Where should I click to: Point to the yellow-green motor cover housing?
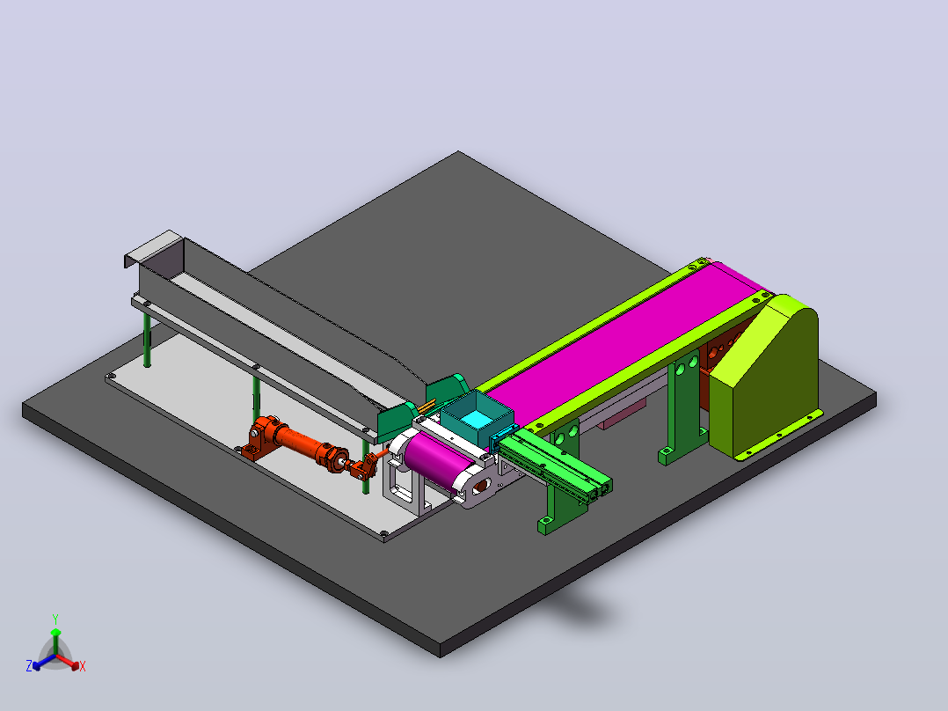[x=765, y=375]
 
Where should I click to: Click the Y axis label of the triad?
[x=55, y=619]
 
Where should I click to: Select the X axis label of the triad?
[x=83, y=666]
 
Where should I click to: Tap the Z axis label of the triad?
[x=29, y=666]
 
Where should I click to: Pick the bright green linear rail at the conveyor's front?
[x=552, y=463]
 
